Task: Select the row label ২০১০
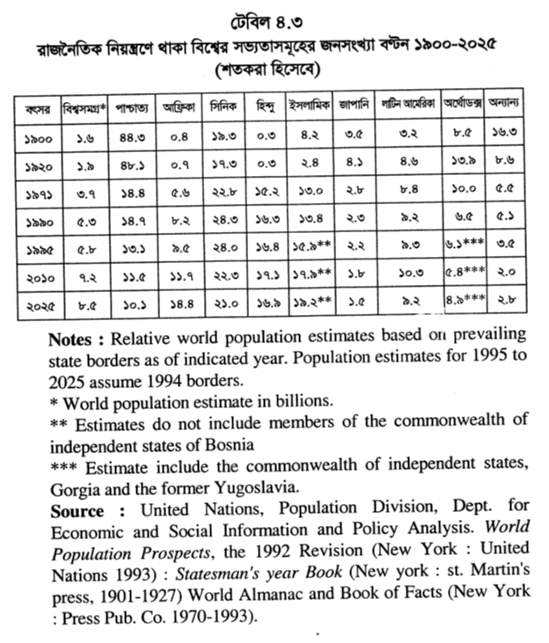(x=37, y=276)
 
